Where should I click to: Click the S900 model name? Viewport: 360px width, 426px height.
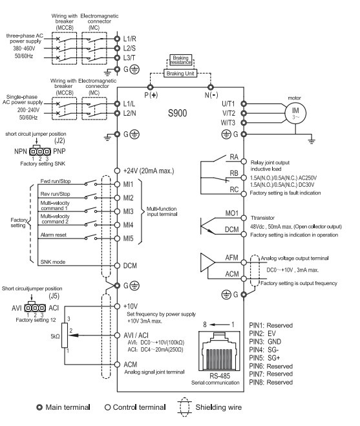pos(178,113)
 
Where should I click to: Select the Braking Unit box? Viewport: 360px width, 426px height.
pos(180,73)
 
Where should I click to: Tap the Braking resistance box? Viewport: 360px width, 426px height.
pos(180,59)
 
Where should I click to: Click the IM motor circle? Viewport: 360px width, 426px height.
pos(295,113)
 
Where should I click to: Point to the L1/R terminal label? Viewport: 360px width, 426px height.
pos(130,39)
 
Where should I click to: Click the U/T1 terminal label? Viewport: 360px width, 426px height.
pos(228,103)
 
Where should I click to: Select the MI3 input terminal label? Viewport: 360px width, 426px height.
pos(128,211)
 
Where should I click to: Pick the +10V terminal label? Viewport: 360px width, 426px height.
pos(131,306)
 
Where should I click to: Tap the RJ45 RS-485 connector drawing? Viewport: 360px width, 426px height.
pos(220,350)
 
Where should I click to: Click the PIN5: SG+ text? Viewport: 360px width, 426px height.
pos(264,358)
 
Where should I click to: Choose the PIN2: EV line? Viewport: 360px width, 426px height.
pos(262,334)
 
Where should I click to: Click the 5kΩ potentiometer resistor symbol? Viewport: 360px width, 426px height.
pos(65,335)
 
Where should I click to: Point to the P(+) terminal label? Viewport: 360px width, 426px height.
pos(151,95)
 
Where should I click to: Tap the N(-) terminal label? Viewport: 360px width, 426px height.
pos(211,95)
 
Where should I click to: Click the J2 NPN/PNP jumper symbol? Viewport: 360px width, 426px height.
pos(39,151)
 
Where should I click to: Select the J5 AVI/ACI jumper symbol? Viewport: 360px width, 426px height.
pos(35,308)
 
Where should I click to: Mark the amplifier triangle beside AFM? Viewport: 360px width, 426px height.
pos(207,262)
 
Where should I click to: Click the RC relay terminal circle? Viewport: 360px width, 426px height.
pos(244,193)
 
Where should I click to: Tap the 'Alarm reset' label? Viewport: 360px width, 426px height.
pos(53,235)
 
